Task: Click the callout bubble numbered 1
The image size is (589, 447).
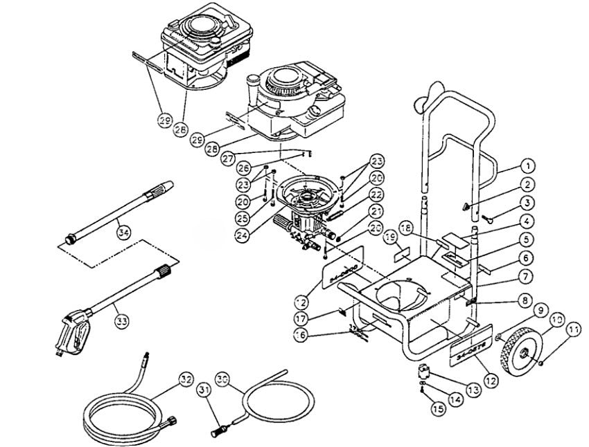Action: click(528, 166)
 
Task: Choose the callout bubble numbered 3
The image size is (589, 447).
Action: click(528, 203)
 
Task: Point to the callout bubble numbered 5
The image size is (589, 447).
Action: click(528, 240)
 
